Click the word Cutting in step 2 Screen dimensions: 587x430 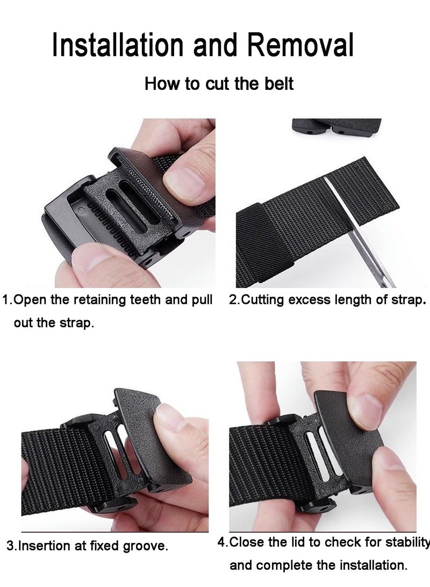tap(262, 300)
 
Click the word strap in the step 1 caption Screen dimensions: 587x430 tap(78, 324)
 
